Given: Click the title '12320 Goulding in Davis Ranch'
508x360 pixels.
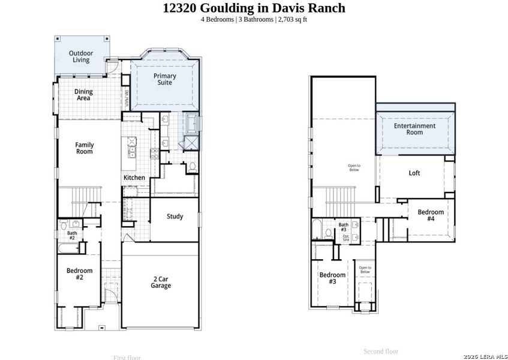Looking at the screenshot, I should (254, 8).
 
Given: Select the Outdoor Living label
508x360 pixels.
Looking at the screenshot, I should (80, 56).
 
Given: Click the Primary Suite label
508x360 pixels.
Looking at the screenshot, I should (164, 79).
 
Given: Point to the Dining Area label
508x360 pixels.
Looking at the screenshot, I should (83, 95).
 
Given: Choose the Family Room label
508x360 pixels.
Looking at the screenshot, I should (84, 148).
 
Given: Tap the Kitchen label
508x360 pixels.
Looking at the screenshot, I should (134, 178).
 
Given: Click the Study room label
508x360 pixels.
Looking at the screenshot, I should (175, 217).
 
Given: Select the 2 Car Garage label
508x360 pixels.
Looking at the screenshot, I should (160, 282).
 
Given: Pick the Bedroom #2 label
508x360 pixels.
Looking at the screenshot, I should (79, 274).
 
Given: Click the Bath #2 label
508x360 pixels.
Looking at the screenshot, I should (72, 235).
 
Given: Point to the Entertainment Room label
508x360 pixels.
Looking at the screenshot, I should (414, 129).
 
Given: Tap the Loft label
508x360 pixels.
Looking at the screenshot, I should (414, 173).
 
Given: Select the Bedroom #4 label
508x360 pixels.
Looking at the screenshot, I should (431, 215).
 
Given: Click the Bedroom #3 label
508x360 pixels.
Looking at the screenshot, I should (332, 278).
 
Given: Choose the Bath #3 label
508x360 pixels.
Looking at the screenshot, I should (344, 227).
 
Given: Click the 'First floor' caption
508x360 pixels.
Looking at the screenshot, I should (127, 358).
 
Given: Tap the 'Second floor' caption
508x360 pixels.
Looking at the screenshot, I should (381, 351).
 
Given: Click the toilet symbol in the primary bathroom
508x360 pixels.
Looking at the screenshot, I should (193, 166).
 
